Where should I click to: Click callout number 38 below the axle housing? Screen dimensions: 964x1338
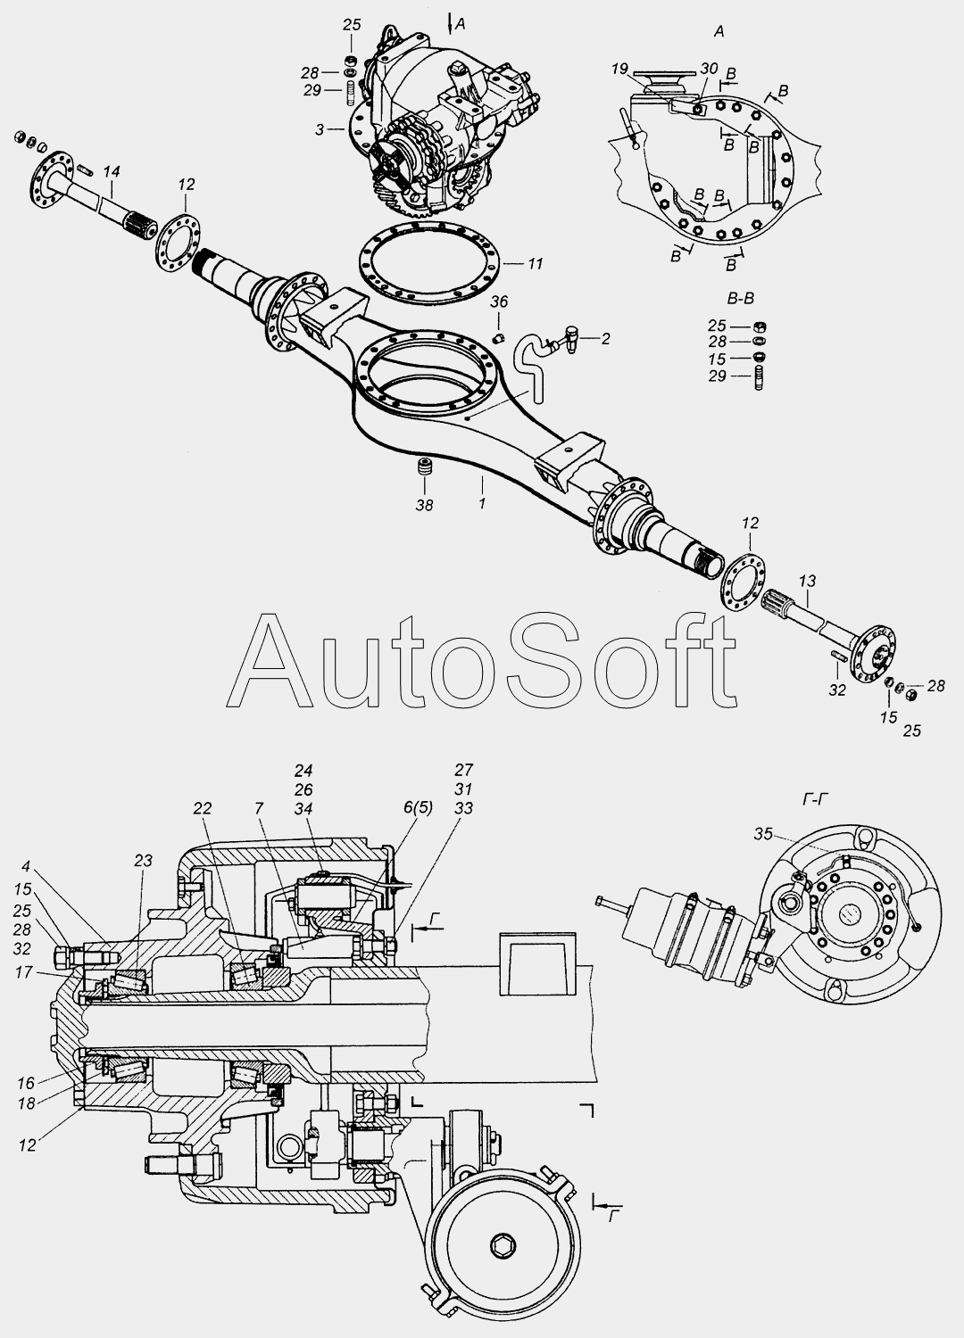coord(424,506)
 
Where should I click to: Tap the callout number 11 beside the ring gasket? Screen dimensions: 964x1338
coord(536,263)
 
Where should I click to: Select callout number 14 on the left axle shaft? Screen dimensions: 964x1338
coord(112,172)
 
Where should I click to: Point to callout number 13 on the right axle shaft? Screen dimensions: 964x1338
coord(807,581)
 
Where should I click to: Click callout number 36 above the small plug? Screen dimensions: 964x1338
coord(499,301)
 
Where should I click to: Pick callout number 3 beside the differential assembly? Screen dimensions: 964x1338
coord(320,129)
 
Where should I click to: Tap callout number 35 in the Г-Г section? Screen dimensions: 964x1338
coord(763,834)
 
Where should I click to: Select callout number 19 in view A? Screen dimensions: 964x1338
coord(619,69)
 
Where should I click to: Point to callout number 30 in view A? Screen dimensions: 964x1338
coord(709,69)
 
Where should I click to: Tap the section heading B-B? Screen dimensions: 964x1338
coord(741,298)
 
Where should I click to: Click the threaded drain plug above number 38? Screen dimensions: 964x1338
coord(424,467)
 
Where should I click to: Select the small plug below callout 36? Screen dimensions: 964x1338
coord(498,339)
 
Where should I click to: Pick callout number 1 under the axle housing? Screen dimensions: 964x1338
coord(482,503)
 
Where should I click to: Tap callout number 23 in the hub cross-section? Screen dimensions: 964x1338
coord(143,860)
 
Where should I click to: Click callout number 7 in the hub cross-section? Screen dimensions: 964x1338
coord(258,808)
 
